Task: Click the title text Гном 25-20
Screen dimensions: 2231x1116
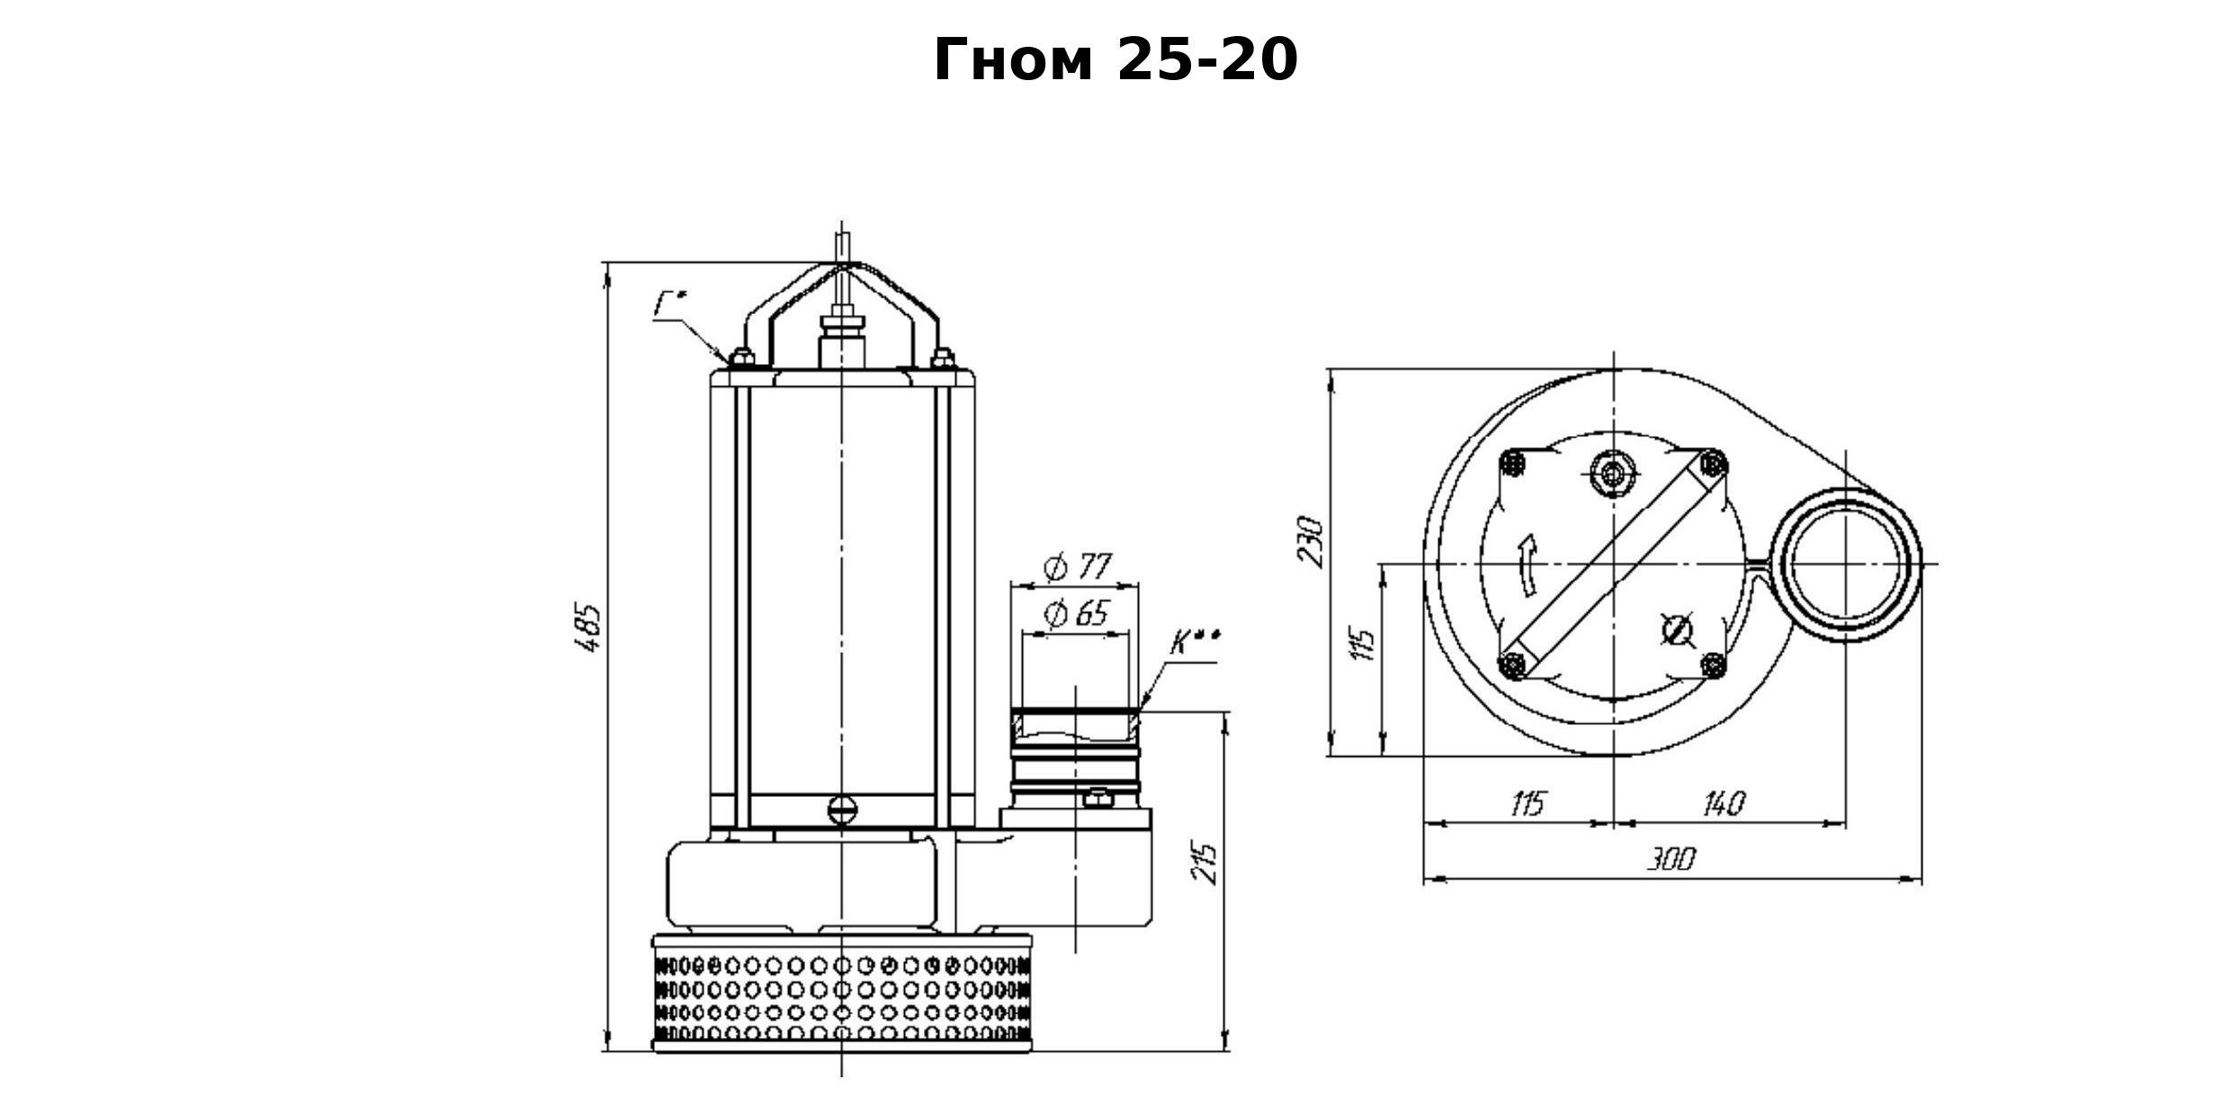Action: [x=1115, y=60]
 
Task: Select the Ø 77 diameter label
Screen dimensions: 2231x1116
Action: [x=1077, y=567]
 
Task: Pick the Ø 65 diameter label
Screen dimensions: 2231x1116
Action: [x=1076, y=614]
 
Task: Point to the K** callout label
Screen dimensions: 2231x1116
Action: [x=1196, y=643]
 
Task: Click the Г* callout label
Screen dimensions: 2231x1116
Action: [x=669, y=304]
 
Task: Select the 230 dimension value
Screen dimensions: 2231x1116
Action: [x=1310, y=541]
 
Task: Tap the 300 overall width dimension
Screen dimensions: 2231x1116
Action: [x=1671, y=859]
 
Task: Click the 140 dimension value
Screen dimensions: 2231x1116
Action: [x=1724, y=803]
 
